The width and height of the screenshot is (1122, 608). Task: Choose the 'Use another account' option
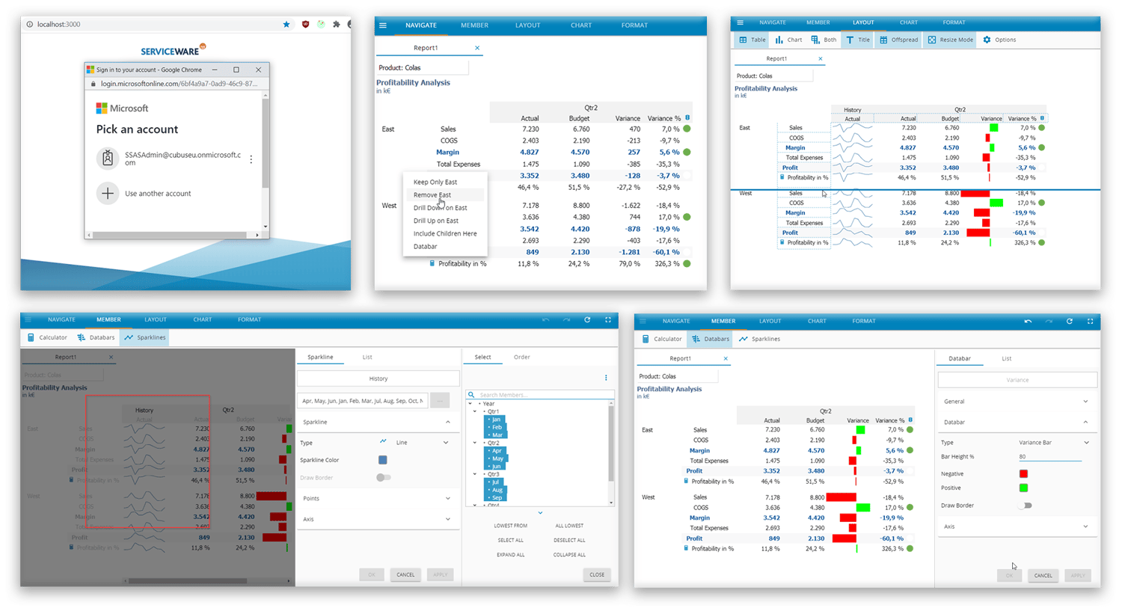click(158, 194)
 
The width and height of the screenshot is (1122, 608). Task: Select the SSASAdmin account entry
click(182, 159)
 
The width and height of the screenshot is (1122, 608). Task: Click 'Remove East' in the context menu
click(432, 195)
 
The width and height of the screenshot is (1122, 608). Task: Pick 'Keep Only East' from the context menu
click(435, 182)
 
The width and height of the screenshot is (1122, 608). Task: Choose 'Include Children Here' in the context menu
click(445, 234)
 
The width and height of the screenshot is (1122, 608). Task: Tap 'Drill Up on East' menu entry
click(436, 221)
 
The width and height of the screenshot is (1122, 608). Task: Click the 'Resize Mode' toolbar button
click(951, 40)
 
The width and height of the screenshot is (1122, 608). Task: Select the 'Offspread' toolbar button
click(899, 40)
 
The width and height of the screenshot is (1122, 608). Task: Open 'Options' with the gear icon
click(999, 40)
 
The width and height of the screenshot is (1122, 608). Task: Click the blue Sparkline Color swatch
click(383, 460)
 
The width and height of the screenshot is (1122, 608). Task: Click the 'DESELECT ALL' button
click(569, 540)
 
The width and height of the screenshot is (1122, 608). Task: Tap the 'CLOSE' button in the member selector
click(597, 575)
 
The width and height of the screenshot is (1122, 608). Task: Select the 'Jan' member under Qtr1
click(496, 420)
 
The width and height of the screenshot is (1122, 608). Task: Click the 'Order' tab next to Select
click(521, 357)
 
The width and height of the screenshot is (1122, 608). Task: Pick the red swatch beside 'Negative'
click(1023, 473)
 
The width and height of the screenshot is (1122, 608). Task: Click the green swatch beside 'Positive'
click(1023, 488)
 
